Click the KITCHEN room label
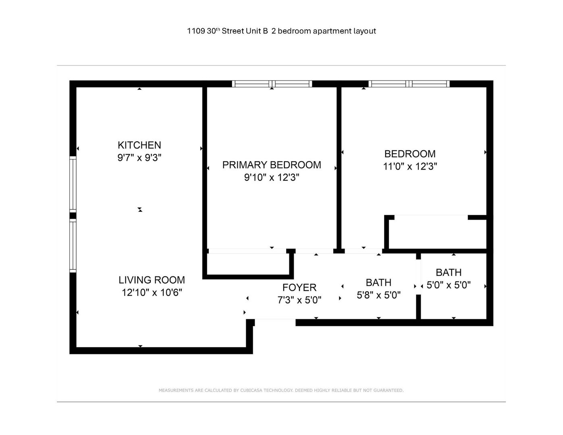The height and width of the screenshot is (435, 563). click(x=139, y=145)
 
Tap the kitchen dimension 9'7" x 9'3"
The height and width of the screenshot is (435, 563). click(x=139, y=157)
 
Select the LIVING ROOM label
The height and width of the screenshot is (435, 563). click(x=152, y=280)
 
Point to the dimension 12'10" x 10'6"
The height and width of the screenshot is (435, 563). click(x=152, y=292)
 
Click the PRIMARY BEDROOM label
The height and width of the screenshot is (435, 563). click(x=272, y=165)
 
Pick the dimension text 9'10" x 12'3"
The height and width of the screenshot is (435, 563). click(x=272, y=177)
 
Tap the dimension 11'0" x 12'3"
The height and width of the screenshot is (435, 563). click(x=410, y=166)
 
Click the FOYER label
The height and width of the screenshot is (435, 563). click(x=299, y=288)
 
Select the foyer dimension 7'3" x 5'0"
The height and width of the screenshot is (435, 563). click(x=299, y=300)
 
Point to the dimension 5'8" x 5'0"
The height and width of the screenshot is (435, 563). click(x=379, y=295)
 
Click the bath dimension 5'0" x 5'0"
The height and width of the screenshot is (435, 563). click(x=449, y=285)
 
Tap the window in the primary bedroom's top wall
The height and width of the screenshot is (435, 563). click(x=272, y=84)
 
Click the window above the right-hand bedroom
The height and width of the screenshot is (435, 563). click(x=409, y=84)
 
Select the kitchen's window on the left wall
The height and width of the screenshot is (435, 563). click(x=73, y=184)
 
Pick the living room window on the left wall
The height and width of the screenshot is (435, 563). click(x=73, y=245)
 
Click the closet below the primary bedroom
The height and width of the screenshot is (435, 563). click(x=248, y=264)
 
